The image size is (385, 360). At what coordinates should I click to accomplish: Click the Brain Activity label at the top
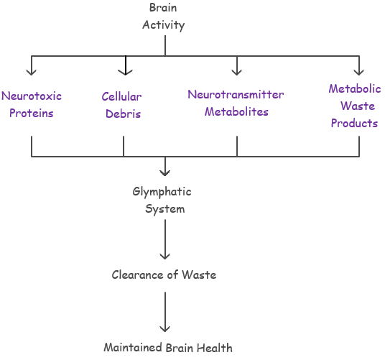click(x=164, y=17)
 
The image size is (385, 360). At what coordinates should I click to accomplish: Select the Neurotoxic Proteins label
click(x=32, y=105)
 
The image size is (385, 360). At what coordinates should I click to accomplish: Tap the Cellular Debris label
click(x=122, y=106)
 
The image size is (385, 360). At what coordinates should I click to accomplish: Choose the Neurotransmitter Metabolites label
click(x=236, y=103)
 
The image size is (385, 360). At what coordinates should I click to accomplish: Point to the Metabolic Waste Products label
click(x=355, y=106)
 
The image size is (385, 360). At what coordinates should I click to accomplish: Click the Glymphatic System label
click(x=162, y=200)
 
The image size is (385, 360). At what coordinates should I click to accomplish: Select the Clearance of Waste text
click(x=164, y=274)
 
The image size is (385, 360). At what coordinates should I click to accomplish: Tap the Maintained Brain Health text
click(x=168, y=348)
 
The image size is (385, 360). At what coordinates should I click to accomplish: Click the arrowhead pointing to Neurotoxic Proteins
click(x=32, y=73)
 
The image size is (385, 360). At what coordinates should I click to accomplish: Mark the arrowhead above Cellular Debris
click(x=126, y=73)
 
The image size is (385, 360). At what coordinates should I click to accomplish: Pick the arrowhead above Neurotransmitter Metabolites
click(x=237, y=73)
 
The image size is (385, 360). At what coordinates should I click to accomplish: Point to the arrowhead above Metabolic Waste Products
click(x=359, y=73)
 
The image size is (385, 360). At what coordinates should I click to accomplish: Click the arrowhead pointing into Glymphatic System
click(x=165, y=173)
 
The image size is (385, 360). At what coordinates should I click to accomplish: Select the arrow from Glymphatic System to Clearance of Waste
click(x=165, y=239)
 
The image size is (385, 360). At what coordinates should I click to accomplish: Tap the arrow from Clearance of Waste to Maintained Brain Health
click(x=165, y=312)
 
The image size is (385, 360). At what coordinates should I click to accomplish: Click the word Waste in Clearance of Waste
click(x=199, y=274)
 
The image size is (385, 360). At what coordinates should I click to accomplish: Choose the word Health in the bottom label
click(x=215, y=348)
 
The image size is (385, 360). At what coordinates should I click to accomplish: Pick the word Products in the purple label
click(x=354, y=123)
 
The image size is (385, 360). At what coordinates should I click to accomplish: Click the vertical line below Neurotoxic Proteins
click(x=32, y=146)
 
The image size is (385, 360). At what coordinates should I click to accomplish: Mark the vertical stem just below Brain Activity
click(x=165, y=46)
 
